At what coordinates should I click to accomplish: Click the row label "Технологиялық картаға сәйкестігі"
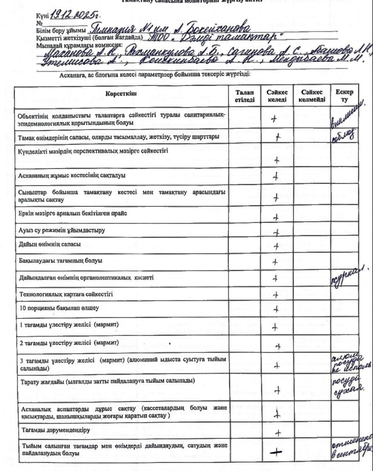point(65,293)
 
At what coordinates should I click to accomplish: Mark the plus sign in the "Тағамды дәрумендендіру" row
point(278,433)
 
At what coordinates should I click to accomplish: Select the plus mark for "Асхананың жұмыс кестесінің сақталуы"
point(278,178)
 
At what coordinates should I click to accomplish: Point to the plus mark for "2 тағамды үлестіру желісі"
point(278,345)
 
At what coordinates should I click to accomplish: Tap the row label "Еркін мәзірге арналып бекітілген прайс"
point(73,213)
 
